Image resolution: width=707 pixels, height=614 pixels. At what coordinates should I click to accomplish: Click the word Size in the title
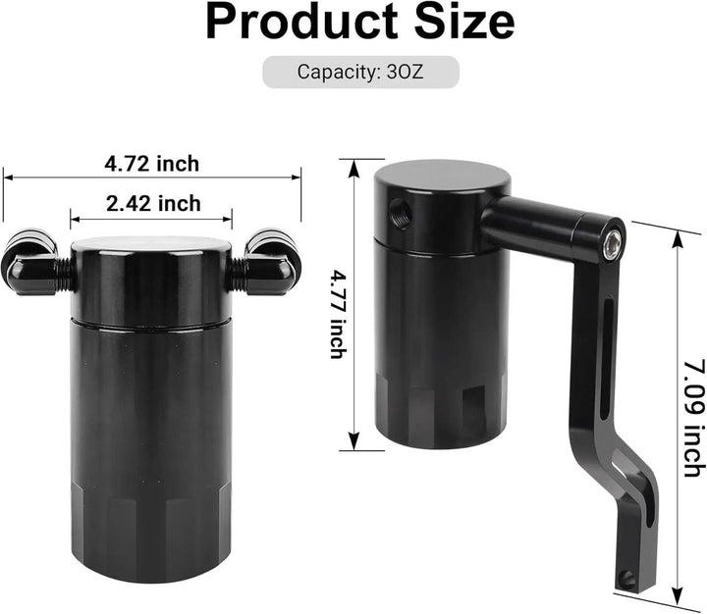(x=455, y=24)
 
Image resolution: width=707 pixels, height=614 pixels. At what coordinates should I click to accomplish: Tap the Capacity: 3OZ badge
(x=360, y=72)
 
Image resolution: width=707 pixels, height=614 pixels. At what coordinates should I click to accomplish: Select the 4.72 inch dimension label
(x=151, y=163)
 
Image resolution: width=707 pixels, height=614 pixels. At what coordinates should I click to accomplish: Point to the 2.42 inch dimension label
(x=152, y=203)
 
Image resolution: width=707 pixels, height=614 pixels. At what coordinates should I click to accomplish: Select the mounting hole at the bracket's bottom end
(x=625, y=580)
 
